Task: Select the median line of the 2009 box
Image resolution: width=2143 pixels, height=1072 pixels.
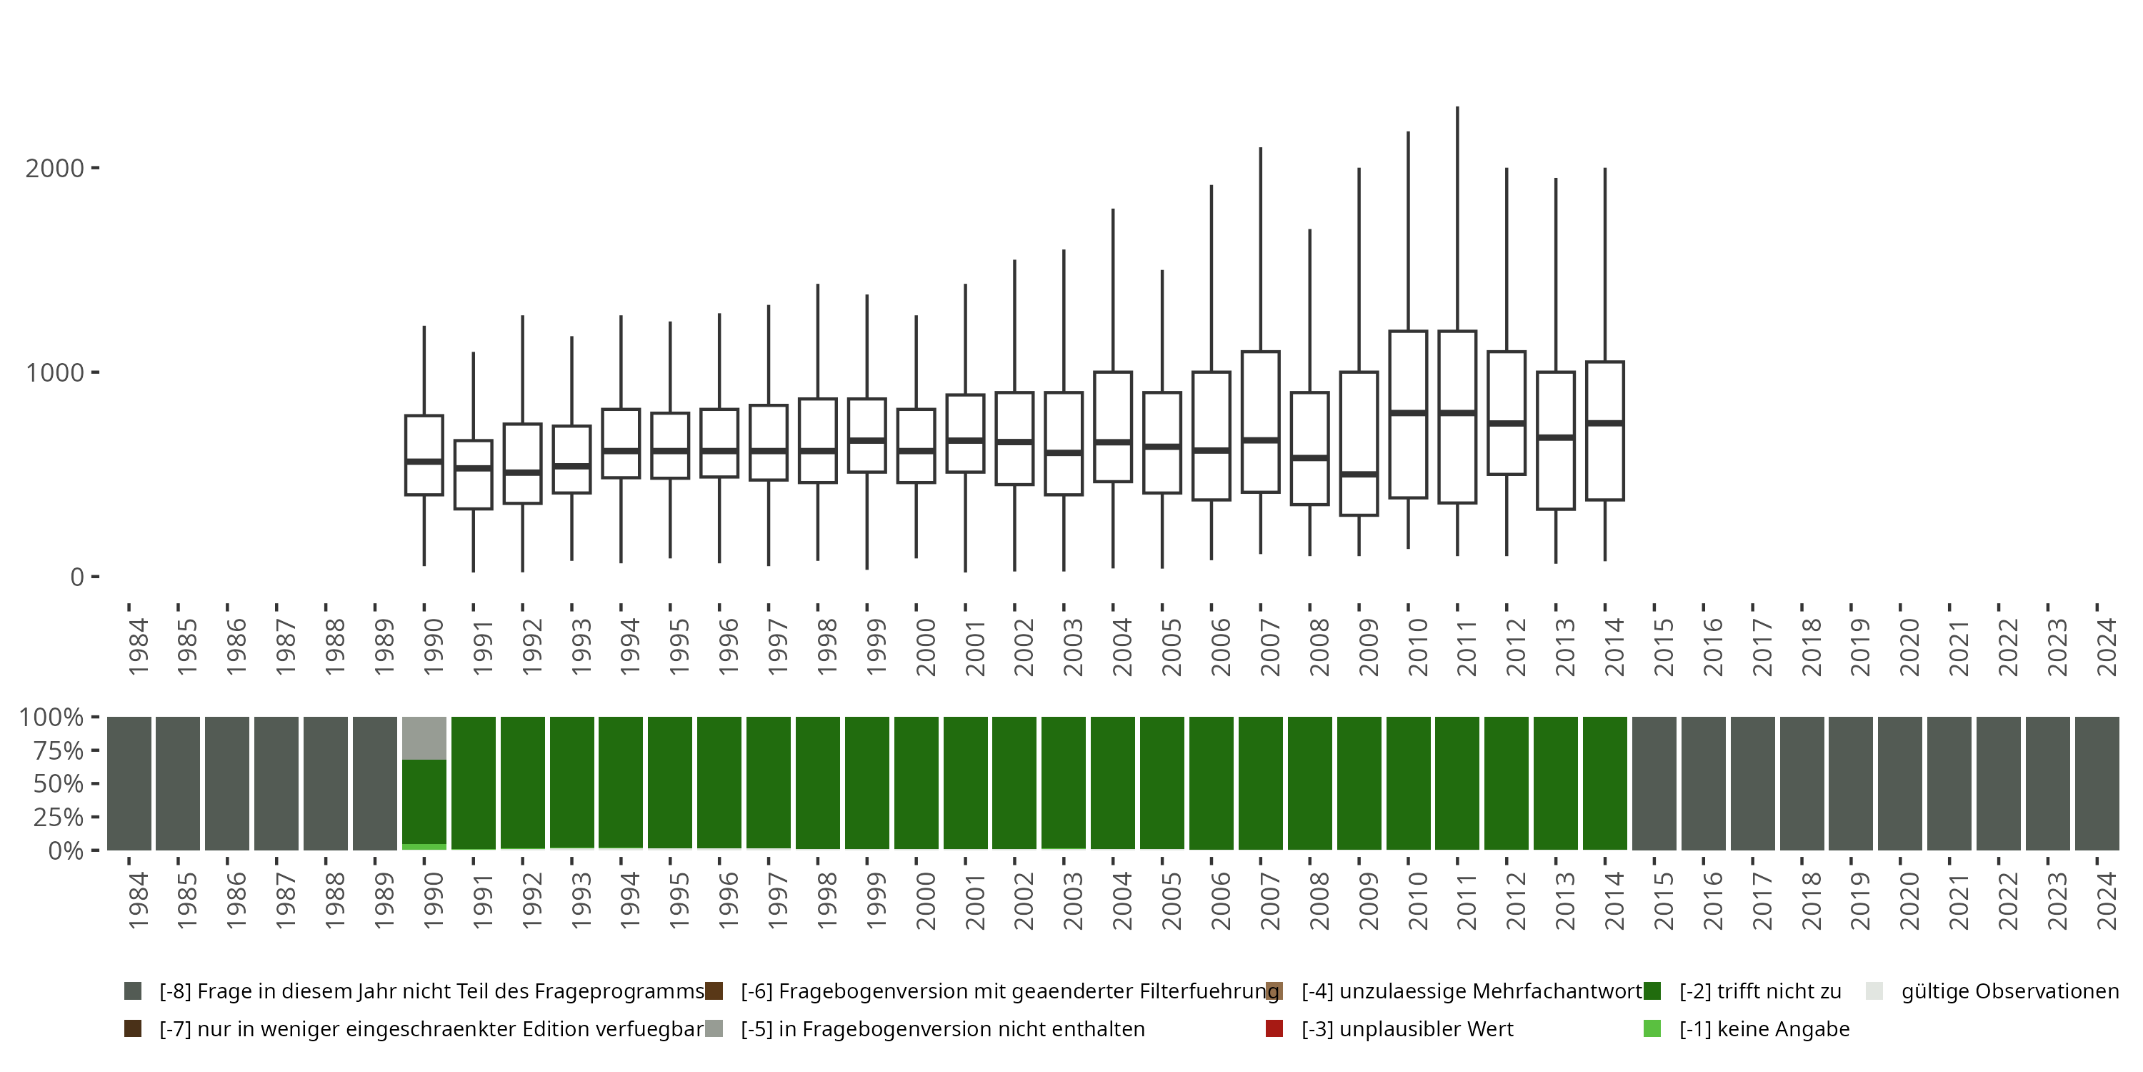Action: point(1359,474)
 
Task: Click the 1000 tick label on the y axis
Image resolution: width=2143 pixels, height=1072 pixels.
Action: point(55,372)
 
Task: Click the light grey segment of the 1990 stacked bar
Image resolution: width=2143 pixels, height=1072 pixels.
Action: point(424,738)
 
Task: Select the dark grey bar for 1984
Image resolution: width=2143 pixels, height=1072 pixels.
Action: point(129,783)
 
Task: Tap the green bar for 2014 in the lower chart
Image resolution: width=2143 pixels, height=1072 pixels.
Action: point(1605,783)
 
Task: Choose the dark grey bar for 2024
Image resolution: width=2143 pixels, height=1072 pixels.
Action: point(2097,783)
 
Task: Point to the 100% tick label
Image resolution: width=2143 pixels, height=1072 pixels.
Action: point(51,718)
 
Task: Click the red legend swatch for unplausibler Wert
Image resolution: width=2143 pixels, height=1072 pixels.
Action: point(1274,1028)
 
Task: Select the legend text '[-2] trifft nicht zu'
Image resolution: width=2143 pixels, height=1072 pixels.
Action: point(1759,991)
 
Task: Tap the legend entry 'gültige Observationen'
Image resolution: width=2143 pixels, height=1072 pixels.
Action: point(2009,991)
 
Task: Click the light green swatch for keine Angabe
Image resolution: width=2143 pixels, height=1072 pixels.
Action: point(1652,1028)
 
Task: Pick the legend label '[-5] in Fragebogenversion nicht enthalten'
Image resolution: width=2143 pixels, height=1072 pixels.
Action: point(942,1028)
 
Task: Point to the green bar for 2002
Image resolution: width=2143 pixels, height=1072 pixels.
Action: point(1014,783)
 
